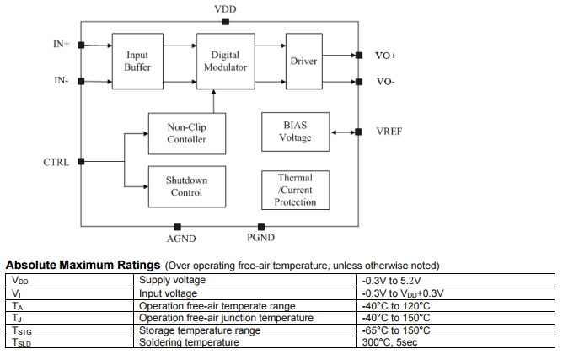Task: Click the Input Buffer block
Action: tap(137, 62)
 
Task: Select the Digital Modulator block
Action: tap(225, 61)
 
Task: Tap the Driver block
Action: tap(303, 62)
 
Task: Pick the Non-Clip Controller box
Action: tap(186, 133)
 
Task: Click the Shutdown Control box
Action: tap(186, 186)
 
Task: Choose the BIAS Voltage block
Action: tap(295, 132)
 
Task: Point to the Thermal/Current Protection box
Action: tap(295, 190)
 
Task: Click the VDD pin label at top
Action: tap(226, 9)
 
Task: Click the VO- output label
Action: tap(385, 82)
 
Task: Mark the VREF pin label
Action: tap(389, 132)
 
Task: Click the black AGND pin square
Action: tap(178, 227)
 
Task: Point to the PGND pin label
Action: tap(261, 239)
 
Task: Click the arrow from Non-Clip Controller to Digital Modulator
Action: tap(215, 100)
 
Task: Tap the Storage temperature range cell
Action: tap(200, 330)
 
